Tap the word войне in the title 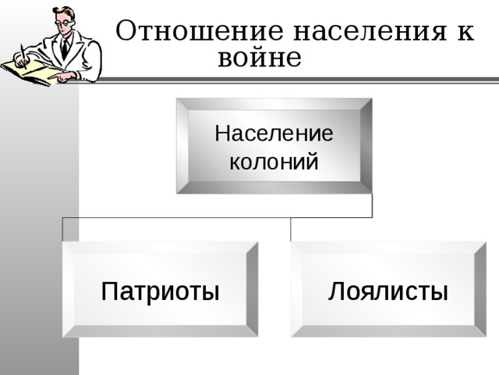coord(259,57)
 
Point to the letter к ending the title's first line coord(465,32)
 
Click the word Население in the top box coord(274,134)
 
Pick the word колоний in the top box coord(274,162)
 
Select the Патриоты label coord(160,292)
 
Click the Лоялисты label coord(388,292)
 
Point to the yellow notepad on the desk coord(31,72)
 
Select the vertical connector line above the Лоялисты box coord(291,229)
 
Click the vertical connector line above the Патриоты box coord(63,229)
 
